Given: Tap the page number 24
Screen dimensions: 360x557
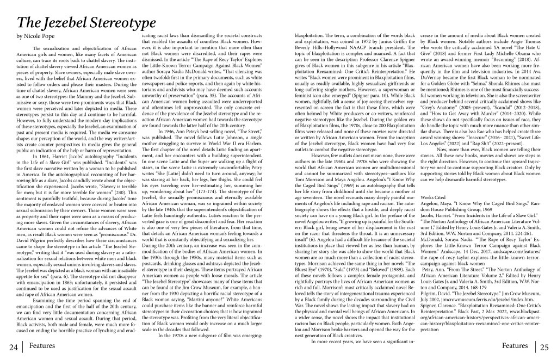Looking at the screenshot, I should point(10,347).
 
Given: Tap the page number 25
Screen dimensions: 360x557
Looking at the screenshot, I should point(546,347).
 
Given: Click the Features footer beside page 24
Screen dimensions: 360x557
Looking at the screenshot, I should point(42,345).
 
